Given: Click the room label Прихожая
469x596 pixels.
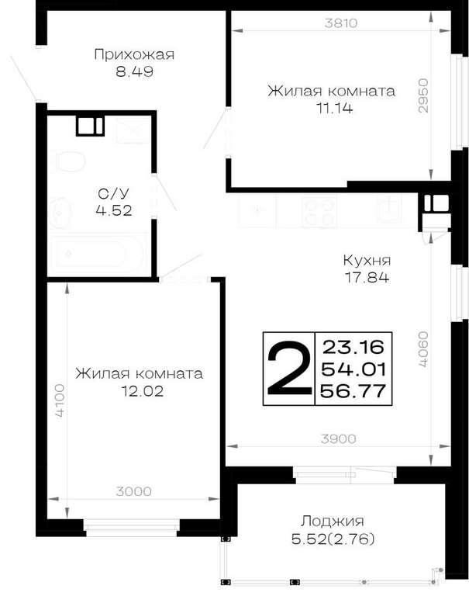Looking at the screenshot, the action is (134, 55).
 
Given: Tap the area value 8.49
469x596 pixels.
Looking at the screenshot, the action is (134, 71).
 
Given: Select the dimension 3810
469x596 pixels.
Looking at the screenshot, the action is (341, 23).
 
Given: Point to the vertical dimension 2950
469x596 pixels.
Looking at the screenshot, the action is (422, 95).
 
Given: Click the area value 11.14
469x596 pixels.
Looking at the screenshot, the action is (335, 109).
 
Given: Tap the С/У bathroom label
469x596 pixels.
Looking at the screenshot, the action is (113, 193).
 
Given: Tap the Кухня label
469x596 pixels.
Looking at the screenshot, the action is (367, 261).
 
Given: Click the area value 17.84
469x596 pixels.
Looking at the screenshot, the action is (367, 278).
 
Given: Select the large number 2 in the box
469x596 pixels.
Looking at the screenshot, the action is (288, 369).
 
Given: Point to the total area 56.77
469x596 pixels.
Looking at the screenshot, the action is (353, 391).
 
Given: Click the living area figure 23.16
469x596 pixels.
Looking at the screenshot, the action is (353, 347).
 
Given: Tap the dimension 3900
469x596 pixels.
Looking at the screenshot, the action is (338, 439).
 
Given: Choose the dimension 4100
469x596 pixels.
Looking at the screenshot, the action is (60, 401).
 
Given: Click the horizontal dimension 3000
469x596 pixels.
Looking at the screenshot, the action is (133, 491).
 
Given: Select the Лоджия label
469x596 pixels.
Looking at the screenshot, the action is (333, 521).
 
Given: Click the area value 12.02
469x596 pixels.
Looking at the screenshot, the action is (142, 391).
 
